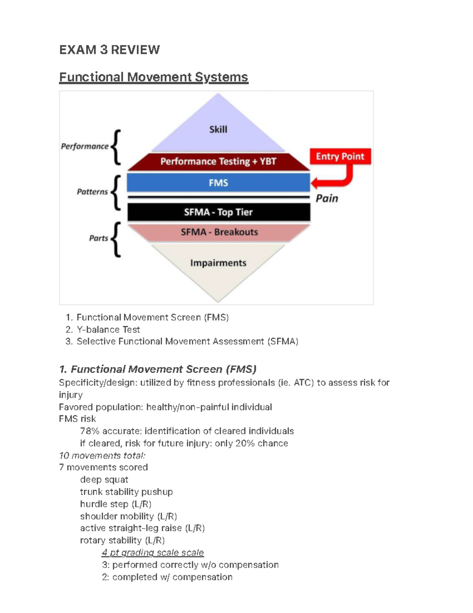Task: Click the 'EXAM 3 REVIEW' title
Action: [109, 50]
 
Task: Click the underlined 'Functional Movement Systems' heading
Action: [153, 77]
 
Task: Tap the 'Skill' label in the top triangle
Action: [218, 129]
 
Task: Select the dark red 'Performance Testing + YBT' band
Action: [218, 161]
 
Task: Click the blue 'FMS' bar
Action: [218, 183]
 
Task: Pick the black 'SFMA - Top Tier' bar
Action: [218, 212]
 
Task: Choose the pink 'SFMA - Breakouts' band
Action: [219, 232]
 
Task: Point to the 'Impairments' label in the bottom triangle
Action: [218, 263]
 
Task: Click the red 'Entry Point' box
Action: [340, 157]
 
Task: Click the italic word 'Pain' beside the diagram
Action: [327, 198]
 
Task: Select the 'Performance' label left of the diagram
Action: [84, 146]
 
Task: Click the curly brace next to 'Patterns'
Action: [116, 193]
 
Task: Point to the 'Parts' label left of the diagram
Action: [98, 238]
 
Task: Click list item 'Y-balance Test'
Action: [108, 330]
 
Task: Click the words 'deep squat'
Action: [104, 480]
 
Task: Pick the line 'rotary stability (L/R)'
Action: [122, 540]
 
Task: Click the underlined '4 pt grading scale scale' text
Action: [153, 553]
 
